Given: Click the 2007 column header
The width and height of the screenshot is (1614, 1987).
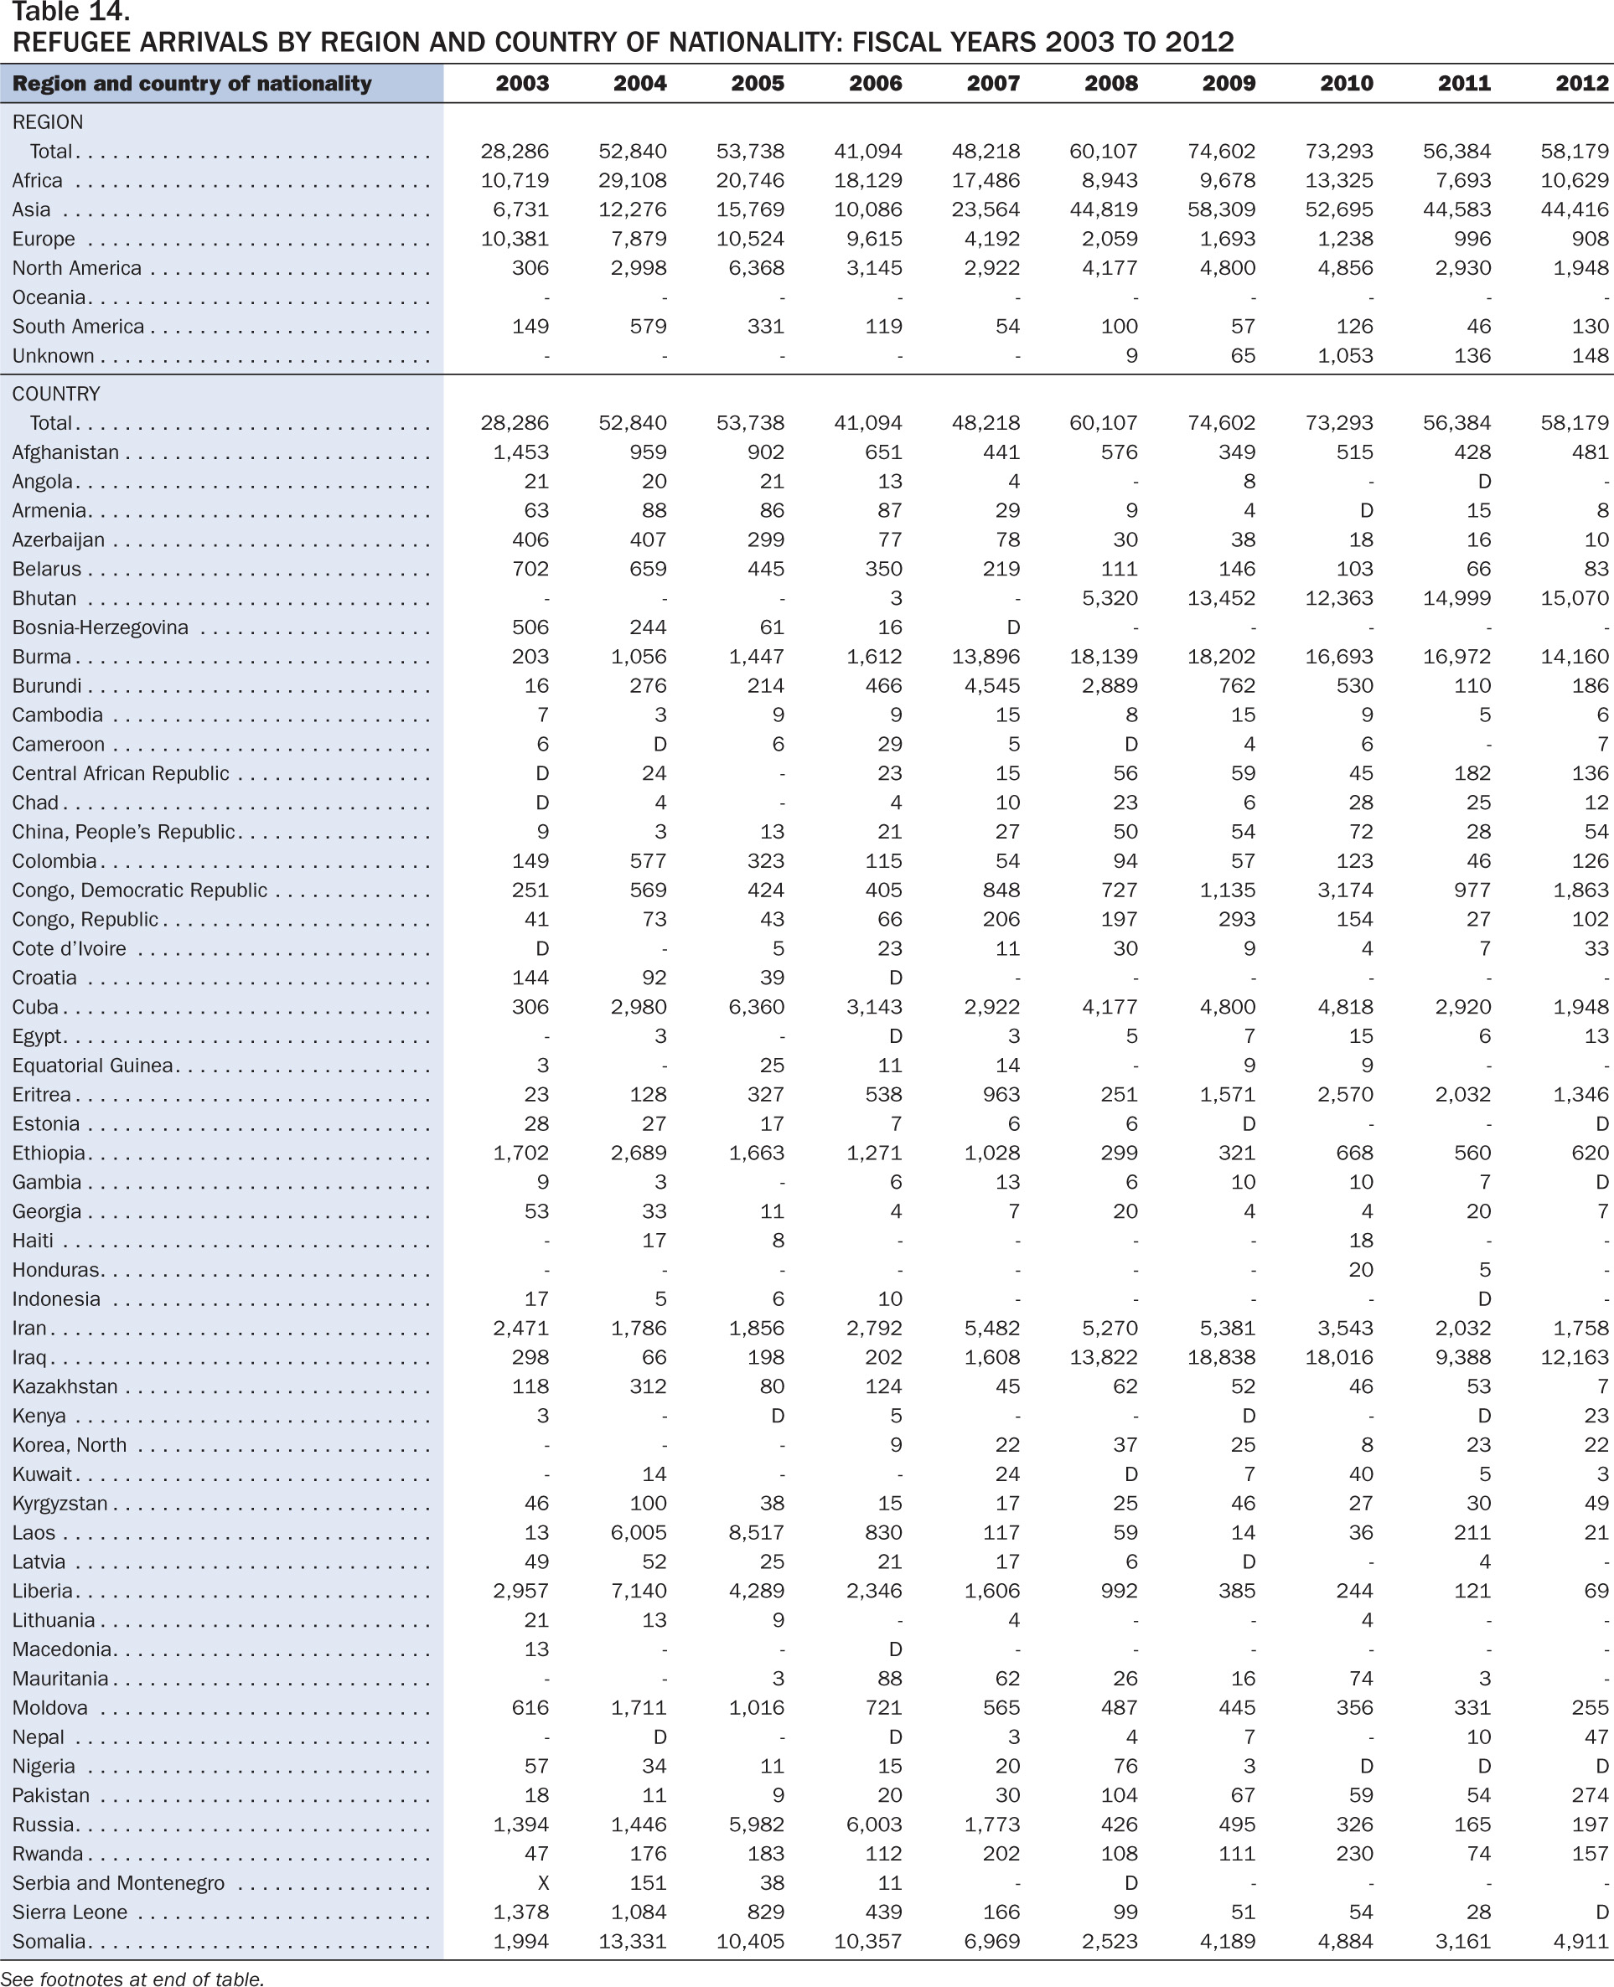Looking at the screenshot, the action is pyautogui.click(x=993, y=84).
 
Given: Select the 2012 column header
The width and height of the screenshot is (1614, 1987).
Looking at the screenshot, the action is pyautogui.click(x=1582, y=84).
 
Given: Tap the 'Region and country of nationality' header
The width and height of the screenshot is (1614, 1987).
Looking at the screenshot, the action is pyautogui.click(x=192, y=84).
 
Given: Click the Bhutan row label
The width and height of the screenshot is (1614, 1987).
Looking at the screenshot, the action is pyautogui.click(x=44, y=598).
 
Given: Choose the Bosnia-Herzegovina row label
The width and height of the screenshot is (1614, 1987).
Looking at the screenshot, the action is pyautogui.click(x=101, y=628).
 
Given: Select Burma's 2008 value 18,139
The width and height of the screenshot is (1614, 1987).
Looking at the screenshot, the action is pyautogui.click(x=1104, y=657).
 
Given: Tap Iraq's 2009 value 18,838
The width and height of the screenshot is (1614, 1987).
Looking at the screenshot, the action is pyautogui.click(x=1222, y=1358).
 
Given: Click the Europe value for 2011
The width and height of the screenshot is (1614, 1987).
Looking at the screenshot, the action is pyautogui.click(x=1472, y=240).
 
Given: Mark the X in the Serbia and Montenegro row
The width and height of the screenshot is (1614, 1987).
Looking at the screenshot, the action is pyautogui.click(x=543, y=1883).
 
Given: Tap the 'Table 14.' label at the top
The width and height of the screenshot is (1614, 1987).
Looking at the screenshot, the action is pyautogui.click(x=70, y=12).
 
